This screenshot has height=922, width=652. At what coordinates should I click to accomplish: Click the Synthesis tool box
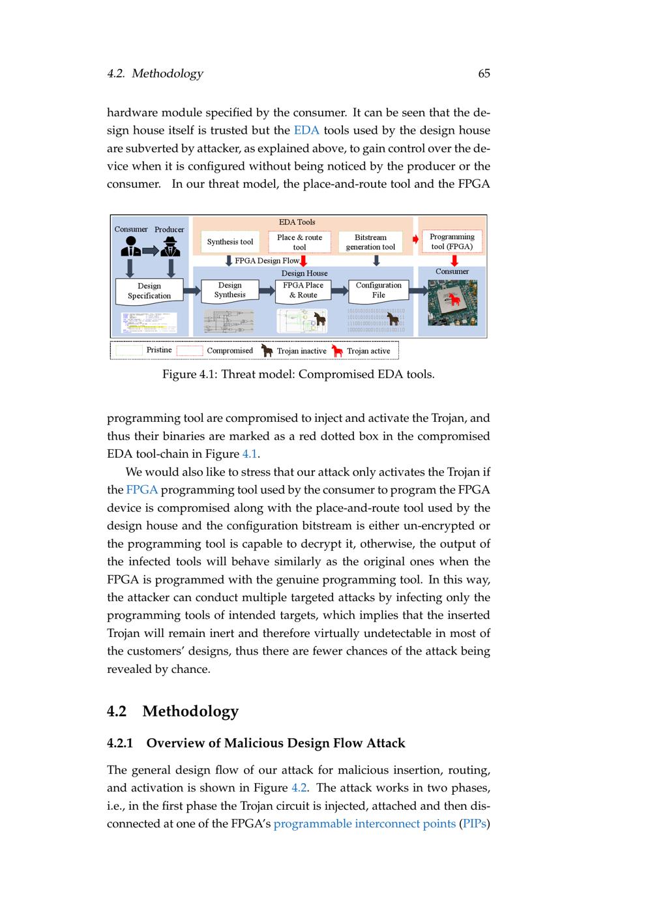point(230,242)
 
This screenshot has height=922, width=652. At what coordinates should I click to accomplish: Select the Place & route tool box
point(299,242)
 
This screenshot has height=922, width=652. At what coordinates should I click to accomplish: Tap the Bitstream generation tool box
point(370,242)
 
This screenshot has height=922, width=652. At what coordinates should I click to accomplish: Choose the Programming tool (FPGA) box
point(452,241)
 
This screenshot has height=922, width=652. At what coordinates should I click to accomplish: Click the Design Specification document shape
point(149,291)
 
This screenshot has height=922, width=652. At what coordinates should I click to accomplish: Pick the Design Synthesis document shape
point(230,290)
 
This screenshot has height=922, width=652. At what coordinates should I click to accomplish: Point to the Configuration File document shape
point(378,290)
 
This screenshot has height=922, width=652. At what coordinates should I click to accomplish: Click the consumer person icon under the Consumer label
point(130,246)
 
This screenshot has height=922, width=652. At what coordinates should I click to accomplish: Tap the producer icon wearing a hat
point(170,247)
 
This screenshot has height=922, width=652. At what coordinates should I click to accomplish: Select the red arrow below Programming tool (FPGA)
point(454,260)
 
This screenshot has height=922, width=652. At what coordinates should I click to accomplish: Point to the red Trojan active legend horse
point(337,351)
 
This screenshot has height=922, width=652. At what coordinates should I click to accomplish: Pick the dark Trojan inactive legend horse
point(267,351)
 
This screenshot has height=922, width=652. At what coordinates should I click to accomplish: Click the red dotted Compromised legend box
point(190,351)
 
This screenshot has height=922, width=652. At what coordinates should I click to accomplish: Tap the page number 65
point(484,74)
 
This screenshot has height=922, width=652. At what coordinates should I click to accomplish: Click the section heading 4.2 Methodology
point(173,711)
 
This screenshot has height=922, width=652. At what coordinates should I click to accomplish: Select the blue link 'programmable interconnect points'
point(364,824)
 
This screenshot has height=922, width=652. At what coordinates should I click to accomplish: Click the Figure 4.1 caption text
point(298,374)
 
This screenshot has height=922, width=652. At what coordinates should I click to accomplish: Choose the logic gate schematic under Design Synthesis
point(228,320)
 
